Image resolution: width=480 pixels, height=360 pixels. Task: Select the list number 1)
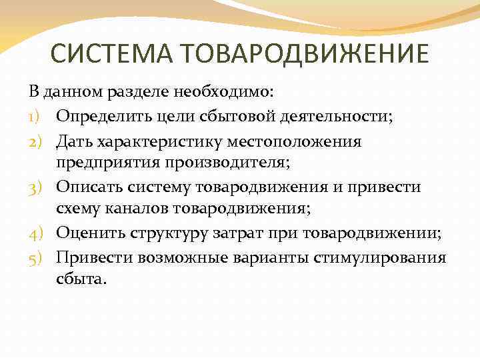pos(37,117)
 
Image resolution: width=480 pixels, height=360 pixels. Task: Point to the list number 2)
pos(37,141)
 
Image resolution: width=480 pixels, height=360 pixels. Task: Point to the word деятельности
pos(328,117)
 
